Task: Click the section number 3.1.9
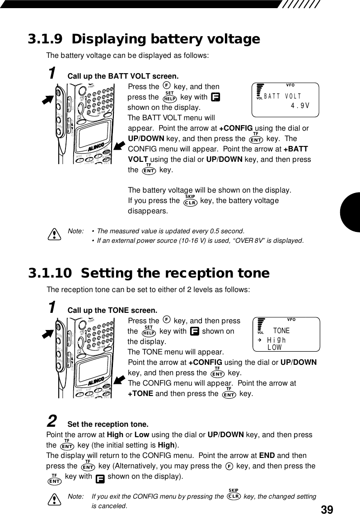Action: (46, 40)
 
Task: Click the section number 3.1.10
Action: (49, 274)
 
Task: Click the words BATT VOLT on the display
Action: (283, 96)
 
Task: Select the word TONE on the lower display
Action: (281, 331)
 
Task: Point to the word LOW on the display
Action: (275, 347)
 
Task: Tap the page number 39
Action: (327, 509)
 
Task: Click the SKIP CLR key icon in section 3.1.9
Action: (190, 201)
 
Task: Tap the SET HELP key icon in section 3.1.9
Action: (170, 98)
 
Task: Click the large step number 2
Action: (52, 422)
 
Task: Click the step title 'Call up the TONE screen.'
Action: (112, 311)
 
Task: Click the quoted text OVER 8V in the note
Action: (254, 240)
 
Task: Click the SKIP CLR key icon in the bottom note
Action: (234, 495)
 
